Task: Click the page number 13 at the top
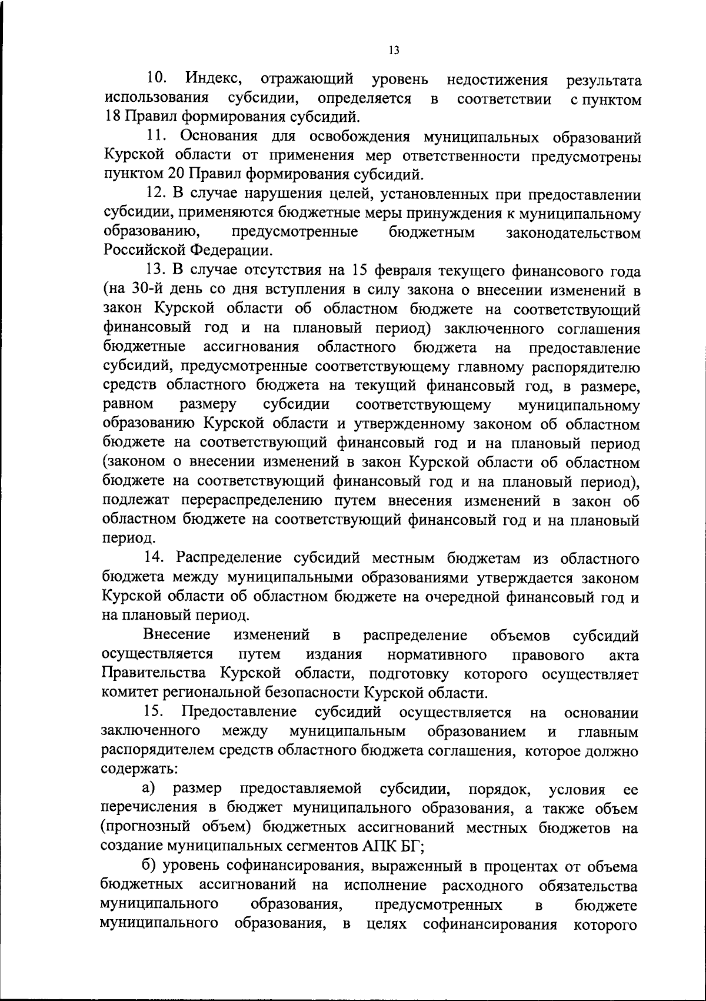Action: [x=394, y=51]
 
